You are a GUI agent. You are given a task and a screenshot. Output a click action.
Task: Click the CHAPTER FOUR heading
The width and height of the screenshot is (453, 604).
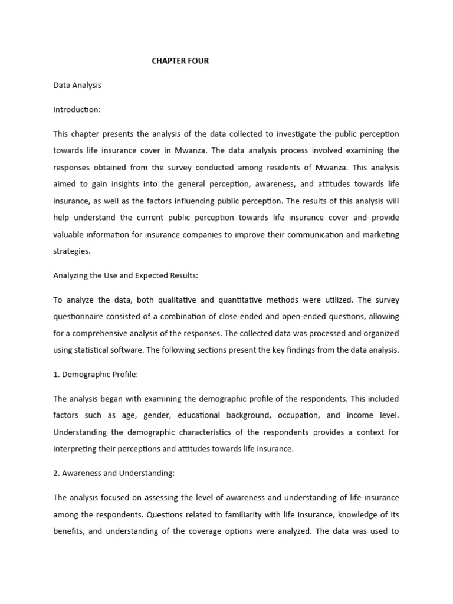pos(180,61)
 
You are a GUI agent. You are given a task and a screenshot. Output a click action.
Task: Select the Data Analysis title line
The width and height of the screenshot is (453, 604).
pos(77,85)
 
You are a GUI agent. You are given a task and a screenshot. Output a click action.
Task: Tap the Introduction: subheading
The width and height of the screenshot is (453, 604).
pos(77,110)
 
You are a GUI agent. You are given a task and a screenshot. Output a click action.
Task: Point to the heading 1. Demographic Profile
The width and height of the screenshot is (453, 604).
pos(96,375)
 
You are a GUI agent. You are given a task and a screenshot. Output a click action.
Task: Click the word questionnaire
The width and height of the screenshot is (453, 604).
pos(82,317)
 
